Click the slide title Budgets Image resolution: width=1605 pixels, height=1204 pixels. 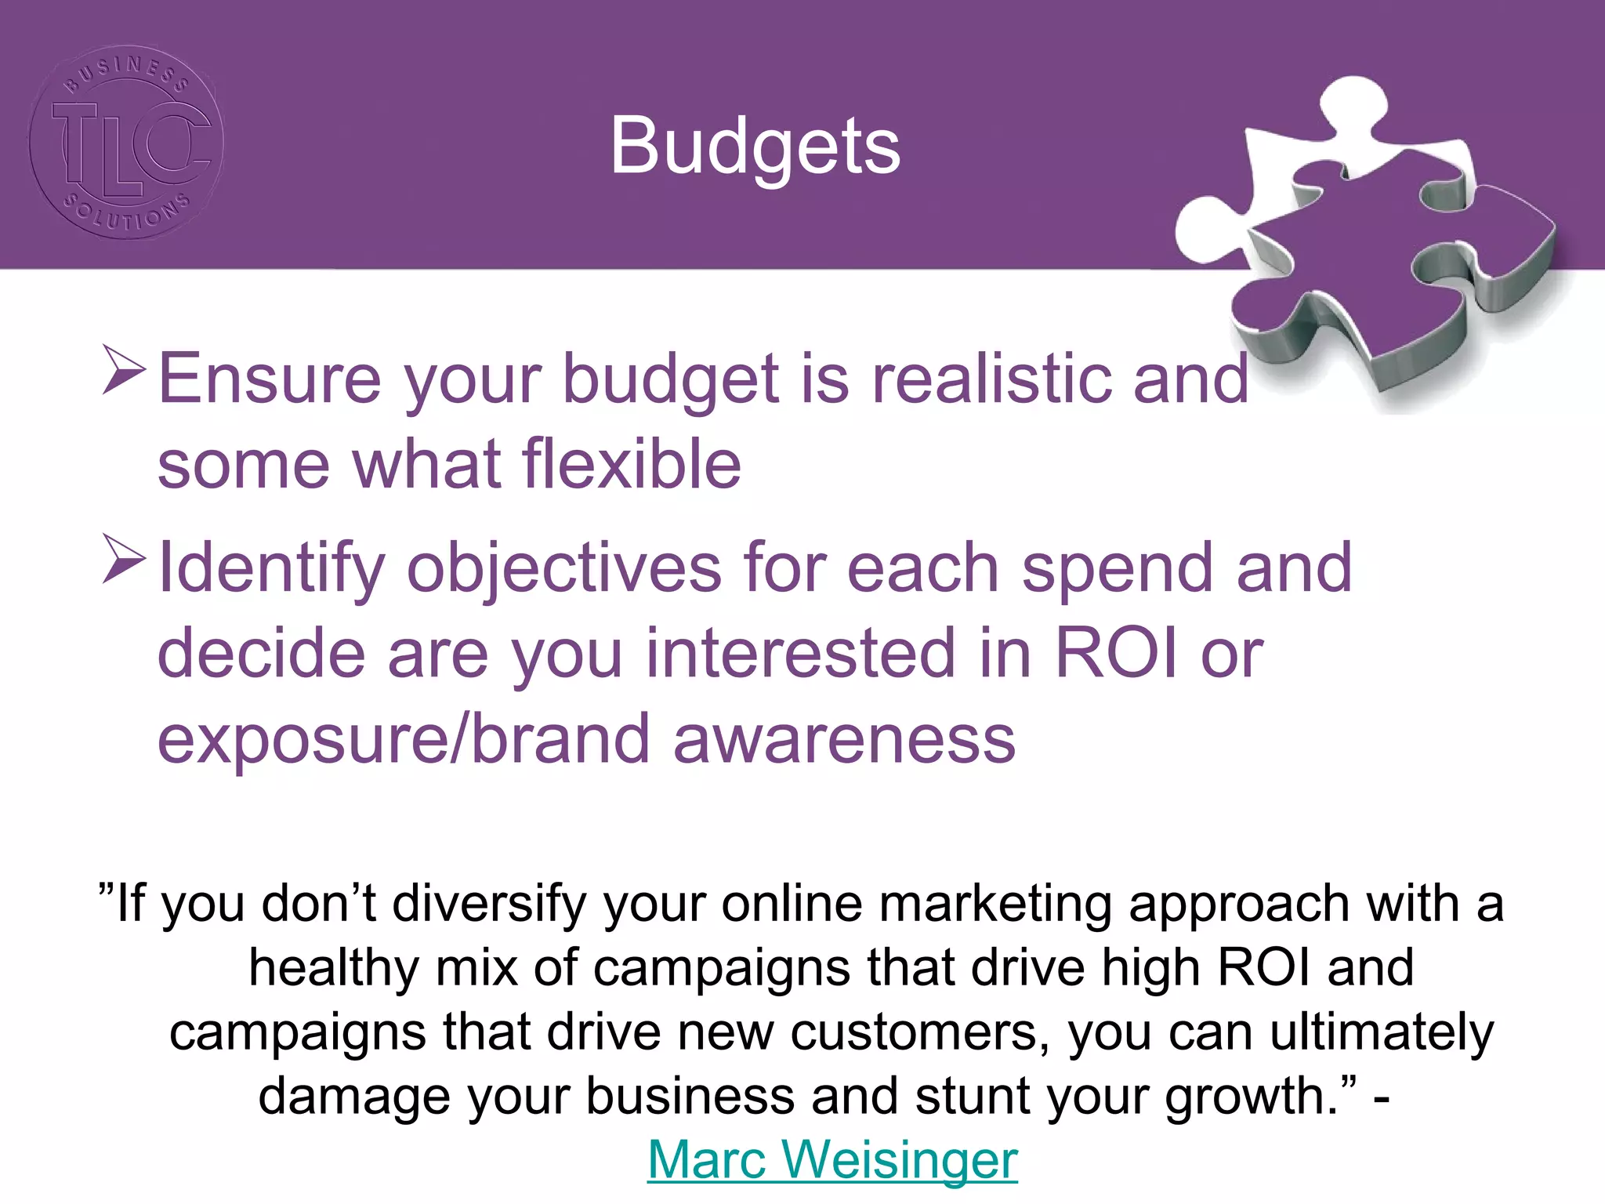pos(755,146)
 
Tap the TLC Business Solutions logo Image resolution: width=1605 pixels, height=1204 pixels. pos(126,142)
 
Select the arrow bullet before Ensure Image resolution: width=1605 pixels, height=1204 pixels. pos(124,372)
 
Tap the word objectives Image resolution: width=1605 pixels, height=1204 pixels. pos(564,568)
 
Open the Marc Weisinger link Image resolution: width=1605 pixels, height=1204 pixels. pos(832,1159)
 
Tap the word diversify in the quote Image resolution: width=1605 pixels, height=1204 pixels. pos(489,904)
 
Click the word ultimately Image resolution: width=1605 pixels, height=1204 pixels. pos(1382,1032)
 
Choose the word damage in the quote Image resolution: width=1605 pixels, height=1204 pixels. pos(354,1096)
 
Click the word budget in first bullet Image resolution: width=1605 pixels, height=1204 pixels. pos(671,379)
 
